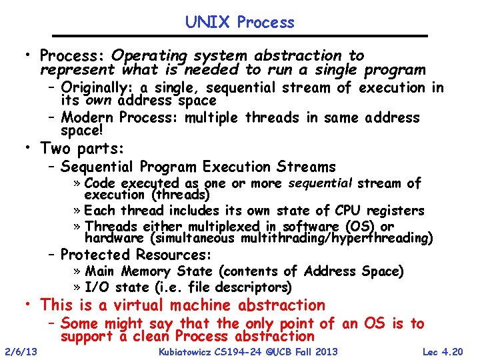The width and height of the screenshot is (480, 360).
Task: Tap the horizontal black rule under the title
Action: tap(240, 36)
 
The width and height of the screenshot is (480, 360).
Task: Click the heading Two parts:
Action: tap(83, 148)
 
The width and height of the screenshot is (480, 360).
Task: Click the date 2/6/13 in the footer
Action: tap(20, 351)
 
